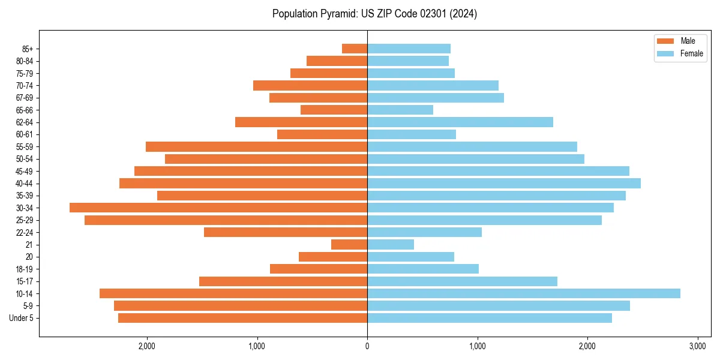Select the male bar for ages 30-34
[218, 208]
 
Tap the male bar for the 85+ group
[355, 49]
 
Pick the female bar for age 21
[391, 244]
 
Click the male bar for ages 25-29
[226, 220]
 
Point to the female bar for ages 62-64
[460, 122]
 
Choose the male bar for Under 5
[242, 318]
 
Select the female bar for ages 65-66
[400, 110]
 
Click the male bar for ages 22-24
[286, 232]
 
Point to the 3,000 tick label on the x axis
[697, 346]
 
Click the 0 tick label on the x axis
[367, 346]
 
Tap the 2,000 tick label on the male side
[147, 346]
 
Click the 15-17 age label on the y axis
[25, 281]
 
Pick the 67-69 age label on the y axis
[25, 98]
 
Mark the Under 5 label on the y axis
[21, 318]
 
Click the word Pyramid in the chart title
[338, 14]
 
